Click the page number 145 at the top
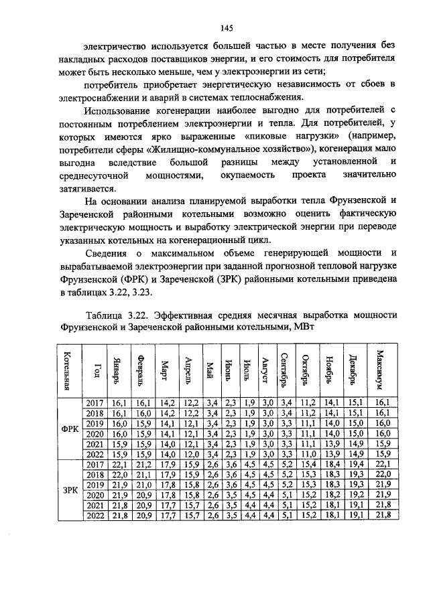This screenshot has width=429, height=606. click(x=226, y=27)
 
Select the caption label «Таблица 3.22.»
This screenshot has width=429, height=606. click(x=117, y=315)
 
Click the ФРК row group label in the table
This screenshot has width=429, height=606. click(x=70, y=429)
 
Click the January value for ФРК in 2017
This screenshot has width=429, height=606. click(x=119, y=403)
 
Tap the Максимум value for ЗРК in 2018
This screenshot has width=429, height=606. click(x=382, y=474)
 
